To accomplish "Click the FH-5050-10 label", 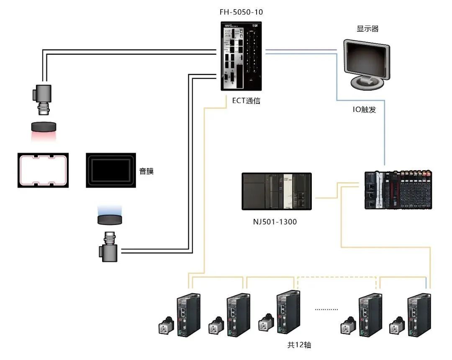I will tap(241, 12).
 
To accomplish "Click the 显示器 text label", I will tap(367, 29).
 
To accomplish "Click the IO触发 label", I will tap(363, 110).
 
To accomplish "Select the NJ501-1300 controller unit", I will tap(277, 191).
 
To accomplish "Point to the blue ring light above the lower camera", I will tap(110, 219).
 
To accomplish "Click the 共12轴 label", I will tap(299, 345).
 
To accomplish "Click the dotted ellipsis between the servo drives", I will tap(326, 309).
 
